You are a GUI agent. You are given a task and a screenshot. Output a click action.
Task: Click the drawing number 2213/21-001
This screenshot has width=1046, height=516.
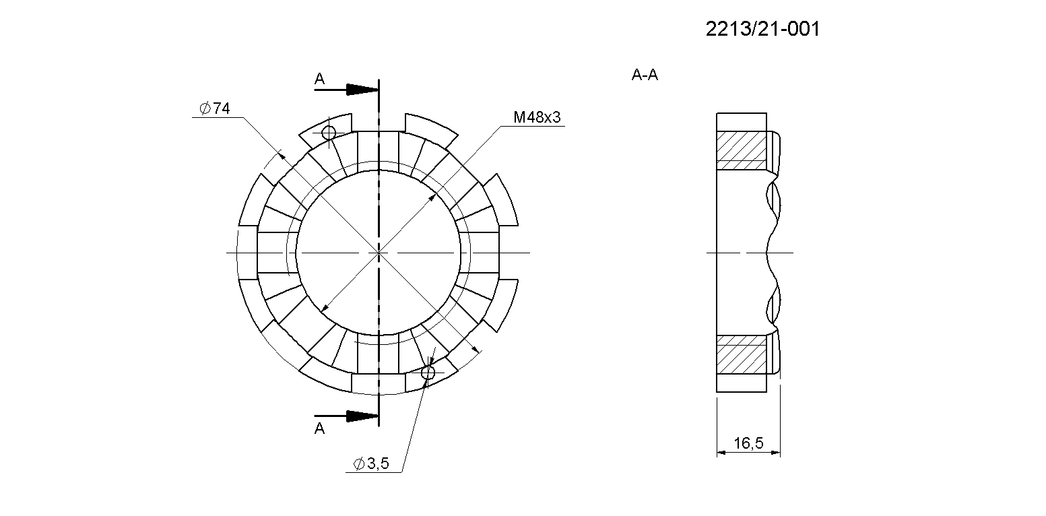click(762, 29)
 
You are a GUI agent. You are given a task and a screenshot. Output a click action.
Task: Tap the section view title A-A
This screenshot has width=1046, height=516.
click(645, 75)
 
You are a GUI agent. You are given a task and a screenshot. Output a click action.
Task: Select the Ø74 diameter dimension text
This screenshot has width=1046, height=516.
click(215, 108)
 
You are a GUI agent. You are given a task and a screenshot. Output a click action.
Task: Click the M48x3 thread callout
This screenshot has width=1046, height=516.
click(537, 117)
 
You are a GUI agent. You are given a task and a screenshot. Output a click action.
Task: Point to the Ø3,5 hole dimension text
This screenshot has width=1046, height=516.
click(371, 463)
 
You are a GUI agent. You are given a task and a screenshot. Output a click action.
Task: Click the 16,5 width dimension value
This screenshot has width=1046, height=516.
click(748, 443)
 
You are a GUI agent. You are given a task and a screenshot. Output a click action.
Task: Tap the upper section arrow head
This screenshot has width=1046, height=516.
click(362, 89)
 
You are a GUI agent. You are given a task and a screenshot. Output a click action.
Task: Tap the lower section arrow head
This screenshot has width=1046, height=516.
click(362, 416)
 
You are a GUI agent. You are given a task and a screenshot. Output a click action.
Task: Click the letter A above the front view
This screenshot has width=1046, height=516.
click(319, 78)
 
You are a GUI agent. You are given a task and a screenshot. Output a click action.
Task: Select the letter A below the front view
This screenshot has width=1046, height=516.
click(319, 428)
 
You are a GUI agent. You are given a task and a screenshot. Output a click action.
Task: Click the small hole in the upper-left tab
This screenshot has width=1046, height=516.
click(329, 133)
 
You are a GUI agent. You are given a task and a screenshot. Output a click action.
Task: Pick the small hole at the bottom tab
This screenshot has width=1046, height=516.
click(428, 373)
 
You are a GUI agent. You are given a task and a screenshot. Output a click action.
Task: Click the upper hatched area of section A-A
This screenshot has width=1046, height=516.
click(742, 150)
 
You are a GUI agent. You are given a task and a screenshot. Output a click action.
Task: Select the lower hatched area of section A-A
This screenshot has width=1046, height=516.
click(742, 355)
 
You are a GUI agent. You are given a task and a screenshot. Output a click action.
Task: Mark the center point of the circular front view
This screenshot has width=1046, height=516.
click(379, 253)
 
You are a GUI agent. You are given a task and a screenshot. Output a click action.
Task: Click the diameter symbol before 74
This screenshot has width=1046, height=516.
click(205, 109)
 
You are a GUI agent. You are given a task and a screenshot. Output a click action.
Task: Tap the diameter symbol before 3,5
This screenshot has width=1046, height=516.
click(359, 463)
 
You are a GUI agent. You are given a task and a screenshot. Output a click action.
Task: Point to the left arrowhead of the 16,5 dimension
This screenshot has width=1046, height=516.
click(721, 452)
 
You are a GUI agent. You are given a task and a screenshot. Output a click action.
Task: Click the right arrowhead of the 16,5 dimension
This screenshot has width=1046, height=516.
click(775, 452)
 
